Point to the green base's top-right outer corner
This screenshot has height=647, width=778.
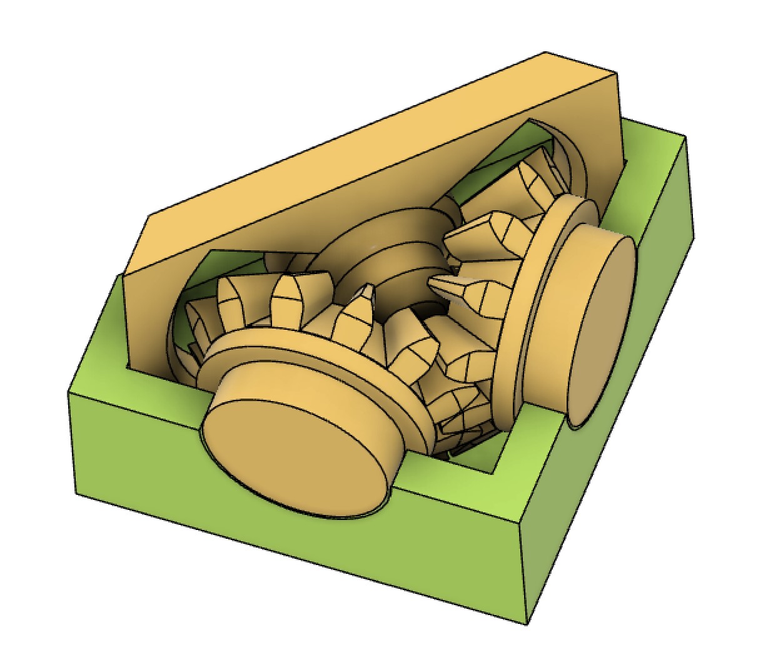click(686, 138)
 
